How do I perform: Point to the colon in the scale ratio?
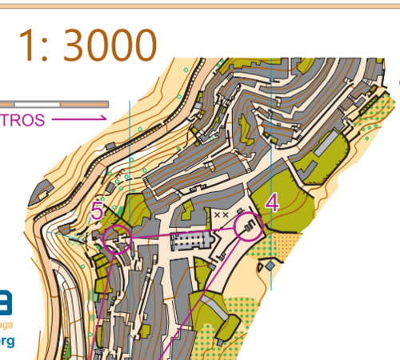(x=50, y=50)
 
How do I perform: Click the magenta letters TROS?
(x=23, y=119)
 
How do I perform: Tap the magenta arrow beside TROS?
(x=81, y=119)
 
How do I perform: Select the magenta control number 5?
(x=97, y=211)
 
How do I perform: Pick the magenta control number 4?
(x=272, y=202)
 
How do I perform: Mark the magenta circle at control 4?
(x=249, y=228)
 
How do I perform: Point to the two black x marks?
(x=222, y=214)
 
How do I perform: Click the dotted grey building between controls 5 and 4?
(x=189, y=240)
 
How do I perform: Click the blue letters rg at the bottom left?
(x=6, y=342)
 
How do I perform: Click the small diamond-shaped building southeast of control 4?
(x=271, y=264)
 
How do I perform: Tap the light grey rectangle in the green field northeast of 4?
(x=326, y=144)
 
